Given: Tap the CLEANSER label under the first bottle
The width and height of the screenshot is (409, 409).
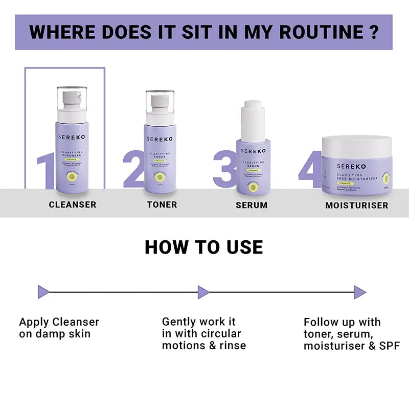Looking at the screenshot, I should tap(73, 204).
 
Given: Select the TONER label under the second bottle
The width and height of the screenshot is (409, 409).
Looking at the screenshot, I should tap(162, 204).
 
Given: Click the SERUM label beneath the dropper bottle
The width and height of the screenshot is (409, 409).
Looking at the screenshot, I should tap(252, 205).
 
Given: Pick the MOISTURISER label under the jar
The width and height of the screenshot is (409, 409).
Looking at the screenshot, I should tap(357, 206).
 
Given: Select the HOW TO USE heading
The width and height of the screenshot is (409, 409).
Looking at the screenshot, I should tap(203, 247).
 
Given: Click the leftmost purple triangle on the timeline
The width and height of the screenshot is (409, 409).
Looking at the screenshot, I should tap(44, 292).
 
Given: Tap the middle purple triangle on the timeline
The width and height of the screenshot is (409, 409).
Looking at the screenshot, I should tap(203, 292).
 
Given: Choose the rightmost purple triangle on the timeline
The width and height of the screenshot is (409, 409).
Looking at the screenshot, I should tap(359, 292).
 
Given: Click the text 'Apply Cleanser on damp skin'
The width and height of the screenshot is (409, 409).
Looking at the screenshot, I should tap(59, 328).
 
